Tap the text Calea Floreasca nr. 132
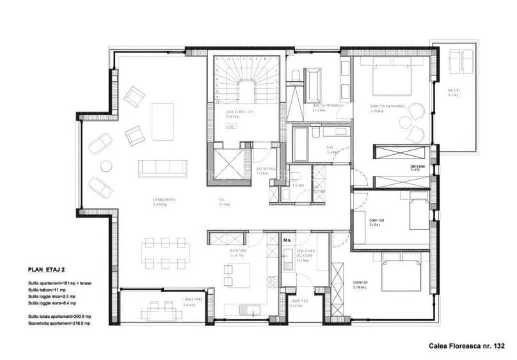[x=467, y=346]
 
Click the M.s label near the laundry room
[x=287, y=241]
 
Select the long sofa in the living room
[x=163, y=168]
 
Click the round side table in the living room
[x=106, y=166]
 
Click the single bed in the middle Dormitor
[x=417, y=213]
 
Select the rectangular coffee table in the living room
[x=163, y=121]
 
